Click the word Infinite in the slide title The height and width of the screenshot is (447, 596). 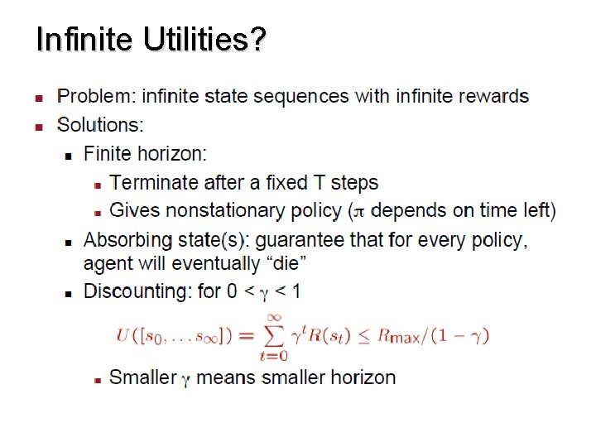(84, 39)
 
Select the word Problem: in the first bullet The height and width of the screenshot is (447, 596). (95, 96)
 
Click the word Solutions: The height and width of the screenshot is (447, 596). (100, 125)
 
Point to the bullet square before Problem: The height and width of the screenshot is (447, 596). (37, 98)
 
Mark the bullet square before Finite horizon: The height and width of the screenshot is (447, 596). (69, 155)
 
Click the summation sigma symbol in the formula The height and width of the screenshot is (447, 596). (272, 335)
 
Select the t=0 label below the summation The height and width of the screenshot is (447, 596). (272, 357)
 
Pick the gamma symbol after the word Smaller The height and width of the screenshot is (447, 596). (185, 380)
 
